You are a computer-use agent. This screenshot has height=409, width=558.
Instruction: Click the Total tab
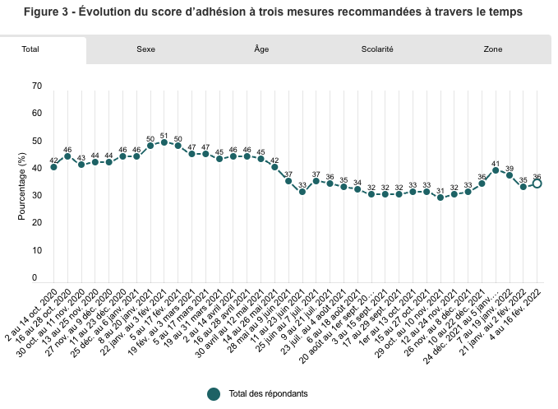coord(30,49)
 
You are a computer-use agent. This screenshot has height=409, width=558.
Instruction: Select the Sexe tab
coord(145,49)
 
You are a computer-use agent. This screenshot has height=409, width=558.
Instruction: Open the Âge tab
coord(261,49)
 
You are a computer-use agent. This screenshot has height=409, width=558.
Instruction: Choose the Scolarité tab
coord(377,49)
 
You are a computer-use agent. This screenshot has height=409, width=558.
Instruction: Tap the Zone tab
coord(493,49)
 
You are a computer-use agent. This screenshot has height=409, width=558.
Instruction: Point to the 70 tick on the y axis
coord(36,86)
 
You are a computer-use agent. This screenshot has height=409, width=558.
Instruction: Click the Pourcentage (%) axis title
coord(23,182)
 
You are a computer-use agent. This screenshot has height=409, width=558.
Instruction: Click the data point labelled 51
coord(164,142)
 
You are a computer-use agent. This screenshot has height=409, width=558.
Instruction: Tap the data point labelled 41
coord(496,170)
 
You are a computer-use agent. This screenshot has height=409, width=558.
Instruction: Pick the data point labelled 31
coord(440,198)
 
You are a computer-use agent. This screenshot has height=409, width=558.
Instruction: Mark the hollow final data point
coord(537,184)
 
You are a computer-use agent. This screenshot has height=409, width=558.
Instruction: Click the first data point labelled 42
coord(53,167)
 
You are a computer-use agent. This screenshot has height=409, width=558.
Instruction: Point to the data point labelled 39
coord(510,175)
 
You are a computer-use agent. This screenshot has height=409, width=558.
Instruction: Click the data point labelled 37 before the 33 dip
coord(288,181)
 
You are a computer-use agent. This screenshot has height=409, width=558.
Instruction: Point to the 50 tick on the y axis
coord(36,141)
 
